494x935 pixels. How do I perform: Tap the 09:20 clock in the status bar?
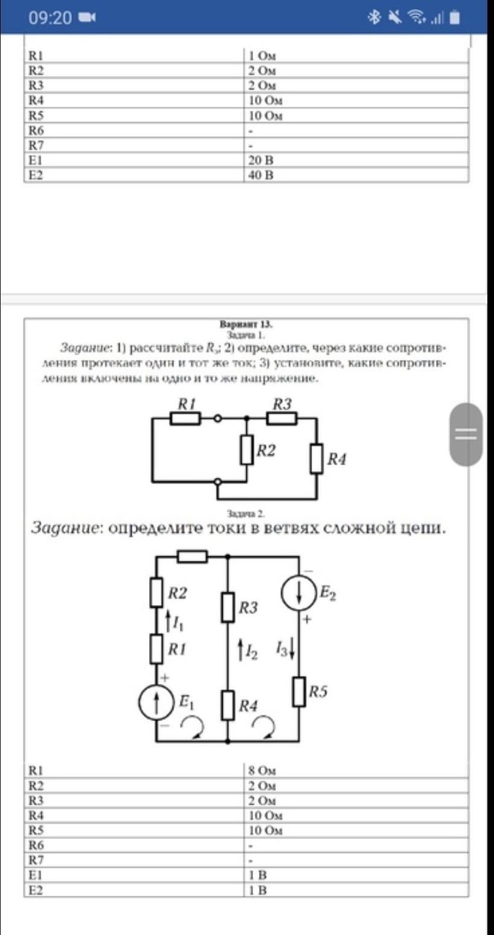pyautogui.click(x=50, y=18)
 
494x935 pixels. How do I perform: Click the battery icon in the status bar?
pyautogui.click(x=454, y=18)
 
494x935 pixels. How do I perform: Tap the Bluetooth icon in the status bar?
pyautogui.click(x=375, y=18)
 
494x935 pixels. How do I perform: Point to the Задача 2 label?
pyautogui.click(x=246, y=514)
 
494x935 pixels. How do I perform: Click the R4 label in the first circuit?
pyautogui.click(x=336, y=460)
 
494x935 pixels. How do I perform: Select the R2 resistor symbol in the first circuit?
pyautogui.click(x=246, y=450)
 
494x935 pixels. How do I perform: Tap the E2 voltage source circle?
pyautogui.click(x=299, y=592)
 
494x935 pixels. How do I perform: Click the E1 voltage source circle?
pyautogui.click(x=157, y=702)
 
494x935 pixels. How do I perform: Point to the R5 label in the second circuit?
pyautogui.click(x=318, y=692)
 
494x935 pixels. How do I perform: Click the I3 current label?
pyautogui.click(x=284, y=649)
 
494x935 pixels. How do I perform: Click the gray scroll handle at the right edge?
pyautogui.click(x=466, y=434)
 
